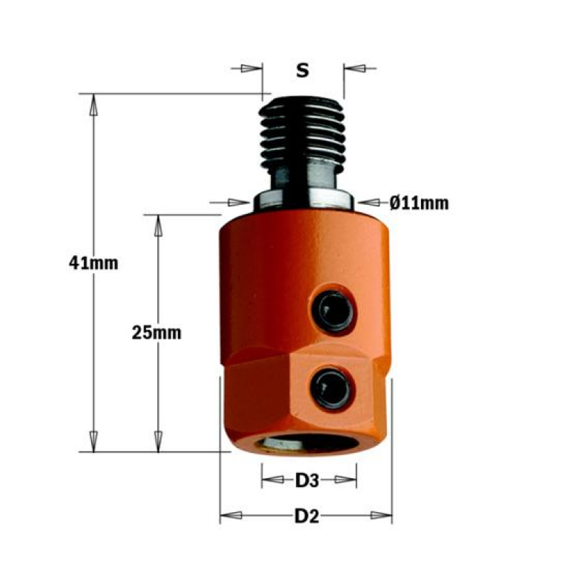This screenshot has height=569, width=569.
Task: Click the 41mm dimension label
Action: coord(94,262)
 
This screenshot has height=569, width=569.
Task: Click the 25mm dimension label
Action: coord(156,332)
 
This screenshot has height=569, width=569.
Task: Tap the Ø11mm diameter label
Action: coord(419,203)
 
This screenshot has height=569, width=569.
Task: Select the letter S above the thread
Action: coord(303,70)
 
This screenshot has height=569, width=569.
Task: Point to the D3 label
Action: coord(307,481)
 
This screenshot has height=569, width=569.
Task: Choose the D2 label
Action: coord(307,516)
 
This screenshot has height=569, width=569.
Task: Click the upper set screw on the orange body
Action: coord(333,310)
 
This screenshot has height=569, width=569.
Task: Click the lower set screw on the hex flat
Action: coord(331,388)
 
